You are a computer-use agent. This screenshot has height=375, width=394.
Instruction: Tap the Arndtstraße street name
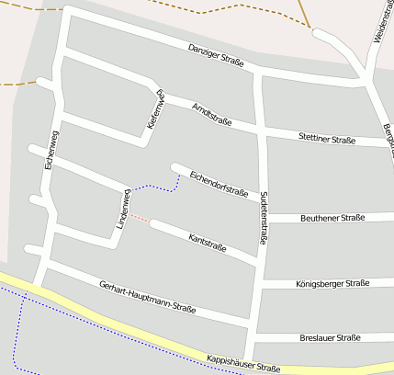coord(212,115)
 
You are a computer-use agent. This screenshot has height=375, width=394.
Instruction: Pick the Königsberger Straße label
coord(333,283)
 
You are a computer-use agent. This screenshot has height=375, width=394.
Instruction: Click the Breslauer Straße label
coord(330,337)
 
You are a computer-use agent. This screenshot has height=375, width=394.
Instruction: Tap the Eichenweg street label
coord(51,151)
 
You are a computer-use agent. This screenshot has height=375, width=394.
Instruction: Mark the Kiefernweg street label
coord(155,108)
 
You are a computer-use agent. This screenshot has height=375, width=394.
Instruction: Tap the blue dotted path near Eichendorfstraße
coord(156,187)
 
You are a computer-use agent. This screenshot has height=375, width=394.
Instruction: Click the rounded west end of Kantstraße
coord(154,223)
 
